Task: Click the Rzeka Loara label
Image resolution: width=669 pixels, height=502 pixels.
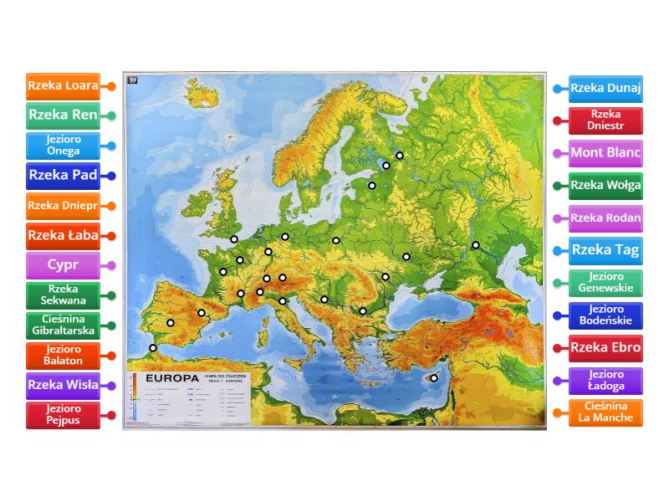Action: tap(63, 85)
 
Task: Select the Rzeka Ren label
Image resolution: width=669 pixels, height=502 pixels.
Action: tap(63, 115)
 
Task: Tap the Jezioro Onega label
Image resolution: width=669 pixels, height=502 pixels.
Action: tap(63, 146)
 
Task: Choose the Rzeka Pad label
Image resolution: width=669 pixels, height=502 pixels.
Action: tap(63, 176)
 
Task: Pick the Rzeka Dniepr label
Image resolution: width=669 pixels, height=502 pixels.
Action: tap(63, 205)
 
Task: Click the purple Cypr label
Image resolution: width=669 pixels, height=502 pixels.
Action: tap(63, 265)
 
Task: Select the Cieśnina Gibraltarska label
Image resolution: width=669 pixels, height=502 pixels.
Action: tap(63, 325)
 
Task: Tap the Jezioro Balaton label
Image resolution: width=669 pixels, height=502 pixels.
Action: tap(63, 355)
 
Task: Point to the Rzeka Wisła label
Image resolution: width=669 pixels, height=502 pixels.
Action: tap(63, 386)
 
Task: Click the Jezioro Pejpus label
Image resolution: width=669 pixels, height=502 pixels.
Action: tap(63, 415)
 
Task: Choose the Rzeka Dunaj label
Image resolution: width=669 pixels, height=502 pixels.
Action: tap(605, 89)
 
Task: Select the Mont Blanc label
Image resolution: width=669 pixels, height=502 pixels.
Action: tap(605, 153)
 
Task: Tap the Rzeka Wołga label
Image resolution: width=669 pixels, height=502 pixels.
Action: tap(605, 186)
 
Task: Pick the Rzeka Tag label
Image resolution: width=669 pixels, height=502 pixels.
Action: tap(605, 249)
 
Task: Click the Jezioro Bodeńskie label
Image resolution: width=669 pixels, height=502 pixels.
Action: tap(605, 315)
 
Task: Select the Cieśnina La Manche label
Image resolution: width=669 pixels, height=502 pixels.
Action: tap(605, 412)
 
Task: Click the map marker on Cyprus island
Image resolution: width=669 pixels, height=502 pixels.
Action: tap(434, 378)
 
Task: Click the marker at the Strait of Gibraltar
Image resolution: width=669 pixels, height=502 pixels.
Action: tap(153, 348)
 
